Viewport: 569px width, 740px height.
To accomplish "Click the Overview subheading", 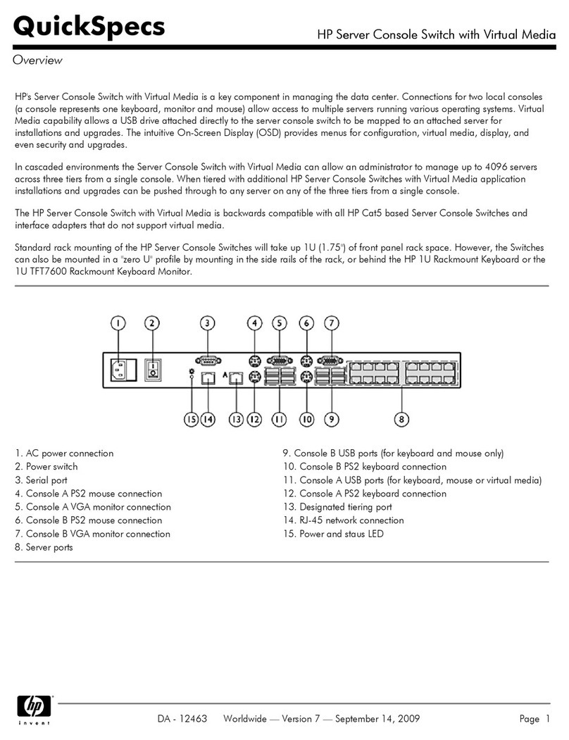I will tap(38, 60).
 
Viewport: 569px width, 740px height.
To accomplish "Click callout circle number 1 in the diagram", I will tap(118, 323).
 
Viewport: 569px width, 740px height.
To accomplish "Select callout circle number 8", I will tap(401, 419).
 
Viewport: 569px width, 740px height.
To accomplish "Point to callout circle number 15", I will tap(191, 419).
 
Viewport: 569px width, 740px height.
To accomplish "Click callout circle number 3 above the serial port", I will tap(207, 323).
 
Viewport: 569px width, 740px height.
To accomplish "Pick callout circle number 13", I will tap(236, 419).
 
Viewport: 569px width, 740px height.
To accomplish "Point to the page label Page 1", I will tap(535, 719).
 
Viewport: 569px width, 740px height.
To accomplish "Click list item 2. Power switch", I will tap(46, 467).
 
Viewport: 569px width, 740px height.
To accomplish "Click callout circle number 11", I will tap(280, 419).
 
